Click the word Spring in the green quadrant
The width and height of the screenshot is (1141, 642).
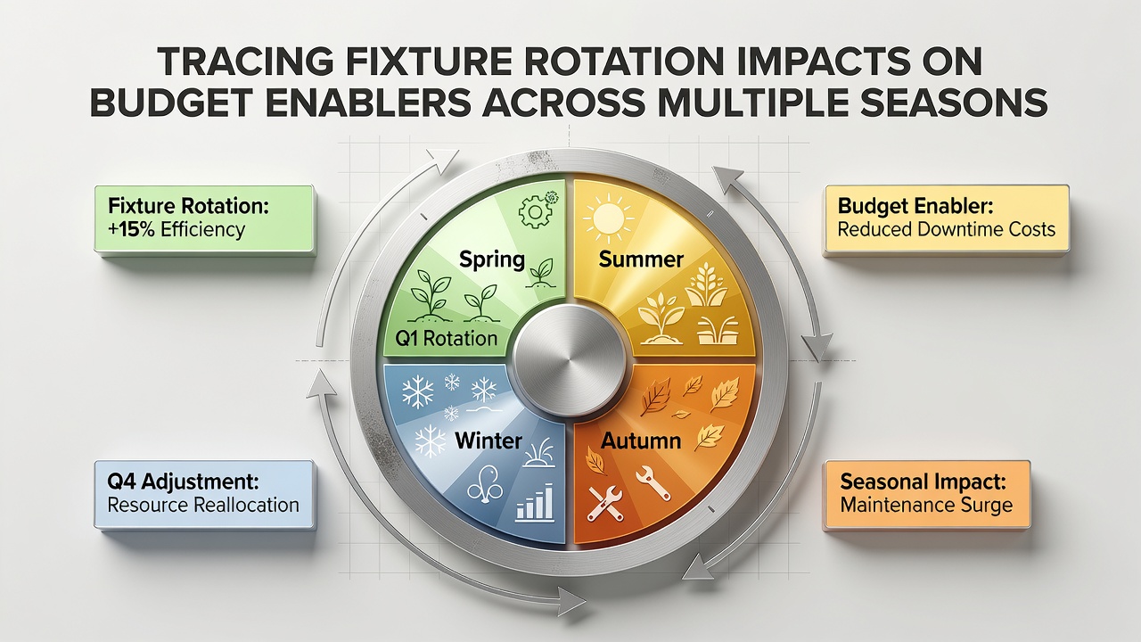point(491,259)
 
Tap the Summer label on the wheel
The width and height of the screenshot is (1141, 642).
point(641,259)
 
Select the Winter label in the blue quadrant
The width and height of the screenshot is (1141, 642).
point(488,440)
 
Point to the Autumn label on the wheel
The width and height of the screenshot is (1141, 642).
point(641,440)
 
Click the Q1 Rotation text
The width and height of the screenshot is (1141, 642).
point(447,338)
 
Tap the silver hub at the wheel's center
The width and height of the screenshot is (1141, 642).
point(569,362)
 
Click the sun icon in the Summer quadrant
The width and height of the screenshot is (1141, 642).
point(609,218)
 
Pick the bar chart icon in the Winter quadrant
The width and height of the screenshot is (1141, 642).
point(535,502)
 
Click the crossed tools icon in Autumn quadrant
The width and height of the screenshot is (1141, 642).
point(604,504)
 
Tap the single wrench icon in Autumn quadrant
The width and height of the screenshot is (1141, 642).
point(653,482)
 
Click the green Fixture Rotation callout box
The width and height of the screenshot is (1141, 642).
point(204,219)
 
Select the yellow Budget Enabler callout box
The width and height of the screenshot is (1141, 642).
point(947,219)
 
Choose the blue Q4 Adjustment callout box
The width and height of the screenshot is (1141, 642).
point(204,495)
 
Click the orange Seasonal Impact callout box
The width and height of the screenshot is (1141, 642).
point(927,495)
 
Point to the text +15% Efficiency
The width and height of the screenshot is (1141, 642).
point(176,230)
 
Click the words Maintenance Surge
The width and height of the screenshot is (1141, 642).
point(926,506)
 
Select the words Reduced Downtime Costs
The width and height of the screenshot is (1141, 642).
point(947,230)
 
